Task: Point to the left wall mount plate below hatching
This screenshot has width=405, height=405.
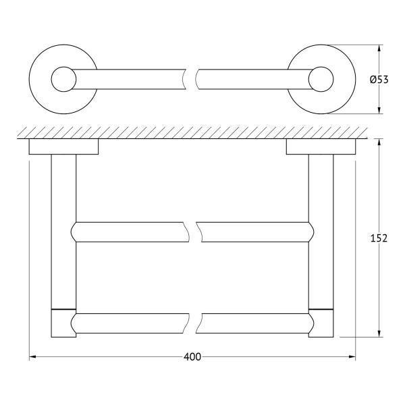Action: click(63, 146)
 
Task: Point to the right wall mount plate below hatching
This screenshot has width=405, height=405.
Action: click(321, 146)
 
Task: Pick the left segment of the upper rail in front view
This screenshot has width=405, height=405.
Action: click(128, 232)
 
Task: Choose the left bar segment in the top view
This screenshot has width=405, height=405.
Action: click(128, 79)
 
